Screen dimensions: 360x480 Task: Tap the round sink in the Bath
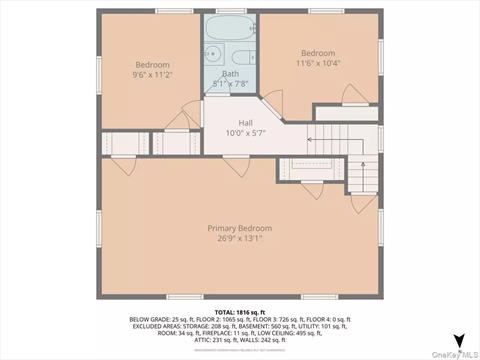212,53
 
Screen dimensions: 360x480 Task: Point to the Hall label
245,123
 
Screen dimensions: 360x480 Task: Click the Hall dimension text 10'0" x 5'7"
245,133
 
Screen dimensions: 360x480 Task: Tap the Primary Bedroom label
240,228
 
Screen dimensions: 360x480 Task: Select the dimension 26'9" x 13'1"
240,239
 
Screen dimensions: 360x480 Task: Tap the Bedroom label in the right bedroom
318,52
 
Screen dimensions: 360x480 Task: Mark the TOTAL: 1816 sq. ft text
240,312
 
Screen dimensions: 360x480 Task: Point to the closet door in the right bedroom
355,95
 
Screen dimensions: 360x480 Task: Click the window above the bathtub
232,10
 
